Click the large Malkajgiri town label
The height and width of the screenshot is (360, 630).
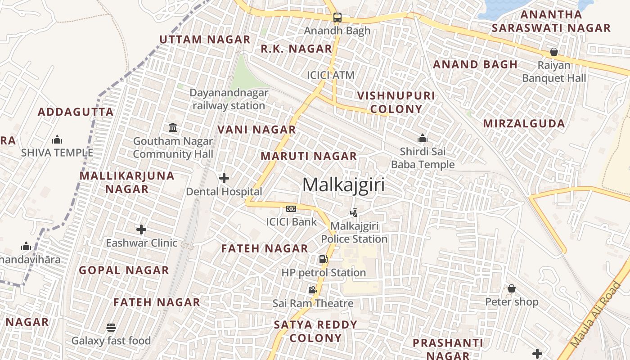pos(343,185)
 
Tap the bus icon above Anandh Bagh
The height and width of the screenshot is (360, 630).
pos(337,18)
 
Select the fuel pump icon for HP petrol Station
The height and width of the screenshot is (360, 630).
pos(323,259)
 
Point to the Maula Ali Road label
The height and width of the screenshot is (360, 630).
pos(594,315)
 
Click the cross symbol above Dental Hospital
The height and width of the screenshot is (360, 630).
pos(224,178)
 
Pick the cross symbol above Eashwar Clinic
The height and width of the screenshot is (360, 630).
pos(141,229)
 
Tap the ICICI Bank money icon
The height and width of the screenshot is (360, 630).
pos(291,209)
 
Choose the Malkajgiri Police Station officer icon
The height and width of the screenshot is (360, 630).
pos(354,212)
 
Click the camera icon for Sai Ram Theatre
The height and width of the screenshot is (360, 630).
pos(312,290)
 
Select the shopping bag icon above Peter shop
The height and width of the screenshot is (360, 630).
pos(511,288)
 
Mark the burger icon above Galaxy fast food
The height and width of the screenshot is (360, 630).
pos(111,327)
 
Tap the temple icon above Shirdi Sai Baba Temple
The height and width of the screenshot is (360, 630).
pos(422,138)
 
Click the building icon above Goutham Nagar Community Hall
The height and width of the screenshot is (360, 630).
pos(173,128)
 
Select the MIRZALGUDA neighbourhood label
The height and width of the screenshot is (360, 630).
pos(524,123)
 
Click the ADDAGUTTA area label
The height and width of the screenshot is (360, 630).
pos(76,112)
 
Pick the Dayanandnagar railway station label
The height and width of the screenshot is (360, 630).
pos(229,99)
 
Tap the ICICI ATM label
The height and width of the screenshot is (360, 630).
pos(331,75)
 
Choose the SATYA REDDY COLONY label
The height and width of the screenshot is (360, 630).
pos(315,331)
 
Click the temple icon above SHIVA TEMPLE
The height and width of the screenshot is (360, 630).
pos(57,140)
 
